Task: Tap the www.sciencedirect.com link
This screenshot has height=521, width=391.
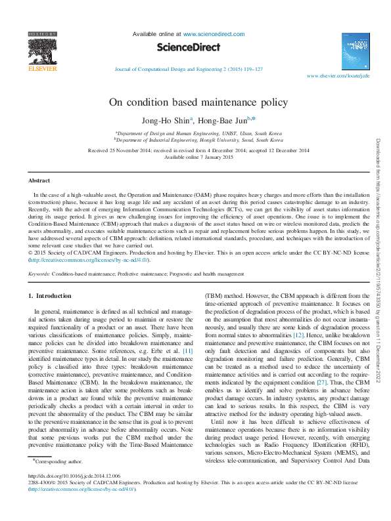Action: [214, 33]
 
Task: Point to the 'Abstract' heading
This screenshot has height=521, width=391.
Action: [39, 180]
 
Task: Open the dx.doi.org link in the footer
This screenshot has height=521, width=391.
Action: [75, 494]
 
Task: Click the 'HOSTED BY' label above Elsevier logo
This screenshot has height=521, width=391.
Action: [41, 33]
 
